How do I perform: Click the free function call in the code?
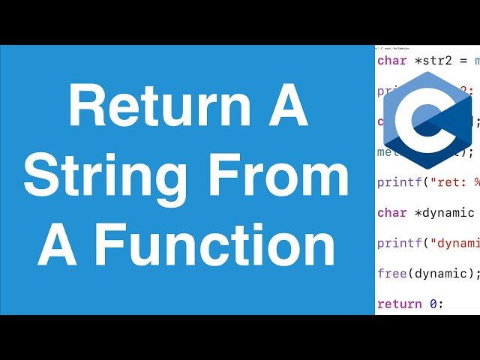391,273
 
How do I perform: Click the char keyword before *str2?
392,60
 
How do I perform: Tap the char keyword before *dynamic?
392,212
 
